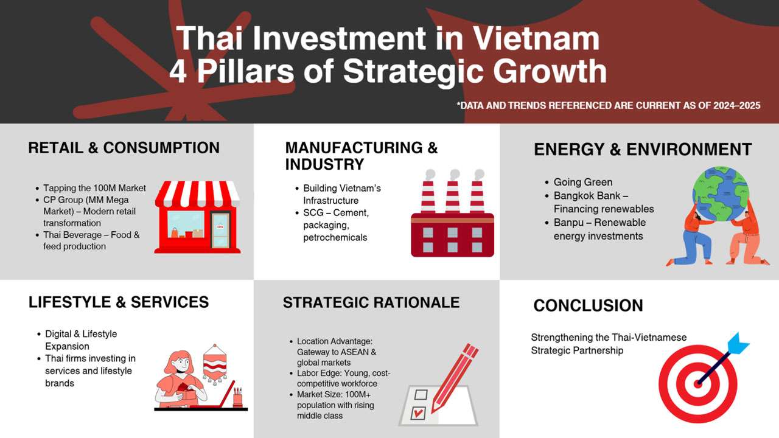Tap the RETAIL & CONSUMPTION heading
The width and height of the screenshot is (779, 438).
pos(124,148)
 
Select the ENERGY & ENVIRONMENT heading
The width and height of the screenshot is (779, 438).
pos(643,150)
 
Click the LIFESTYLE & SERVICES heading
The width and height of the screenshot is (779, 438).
pos(118,302)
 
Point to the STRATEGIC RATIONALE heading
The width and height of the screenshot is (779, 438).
pos(371,302)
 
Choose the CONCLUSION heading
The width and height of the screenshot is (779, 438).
pos(588,305)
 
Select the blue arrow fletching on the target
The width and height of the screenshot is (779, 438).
pos(738,344)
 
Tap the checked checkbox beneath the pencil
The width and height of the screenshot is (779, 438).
pos(417,414)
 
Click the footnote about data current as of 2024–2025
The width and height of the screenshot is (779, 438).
pos(608,106)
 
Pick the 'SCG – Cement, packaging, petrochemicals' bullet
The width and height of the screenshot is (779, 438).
pos(336,225)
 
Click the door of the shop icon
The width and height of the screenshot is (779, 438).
pos(220,230)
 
